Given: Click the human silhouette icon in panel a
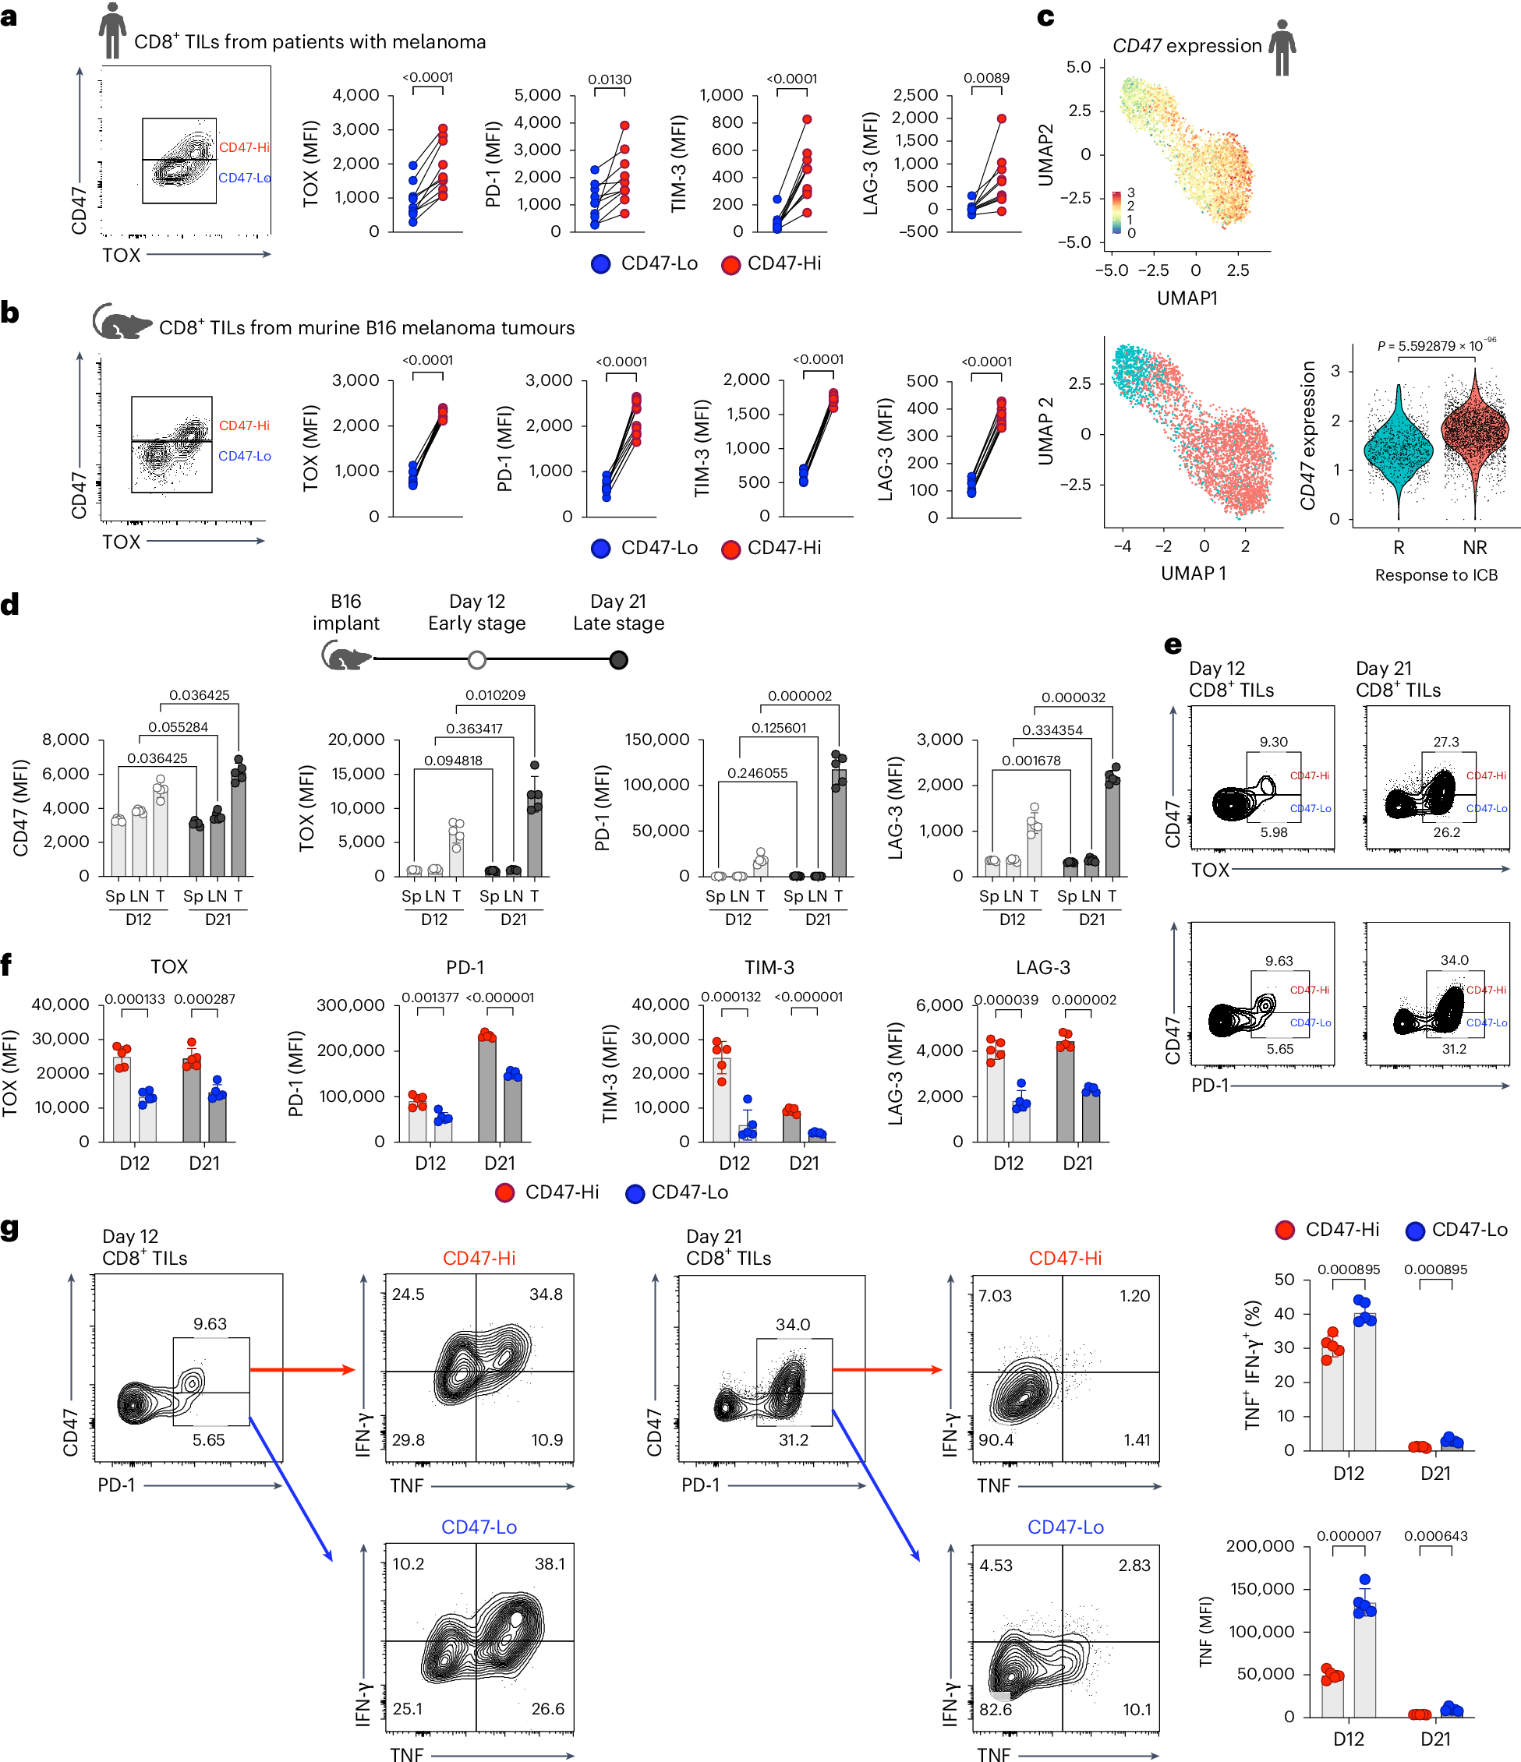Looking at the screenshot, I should pos(111,30).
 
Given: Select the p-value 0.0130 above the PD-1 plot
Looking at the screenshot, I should pos(609,79).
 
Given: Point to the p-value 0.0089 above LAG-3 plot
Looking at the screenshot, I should pos(986,78).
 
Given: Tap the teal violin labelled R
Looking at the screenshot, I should pos(1399,450).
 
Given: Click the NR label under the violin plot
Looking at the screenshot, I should pos(1474,548).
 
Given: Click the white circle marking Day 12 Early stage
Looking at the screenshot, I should pos(477,660).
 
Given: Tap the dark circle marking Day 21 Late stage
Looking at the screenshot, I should pos(618,660).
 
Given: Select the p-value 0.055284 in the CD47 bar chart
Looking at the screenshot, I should pos(178,727).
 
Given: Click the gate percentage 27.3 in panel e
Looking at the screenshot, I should pos(1446,742).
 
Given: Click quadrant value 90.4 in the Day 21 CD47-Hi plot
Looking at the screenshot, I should pos(996,1439).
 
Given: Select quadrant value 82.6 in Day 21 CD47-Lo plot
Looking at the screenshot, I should pos(996,1709).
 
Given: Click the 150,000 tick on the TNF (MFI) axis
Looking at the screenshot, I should pos(1261,1588).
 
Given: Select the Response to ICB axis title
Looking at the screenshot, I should pos(1436,575).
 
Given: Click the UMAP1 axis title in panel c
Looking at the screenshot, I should pos(1187,298).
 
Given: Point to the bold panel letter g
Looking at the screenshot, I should pos(10,1230).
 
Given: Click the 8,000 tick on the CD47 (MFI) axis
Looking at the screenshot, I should pos(65,739).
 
